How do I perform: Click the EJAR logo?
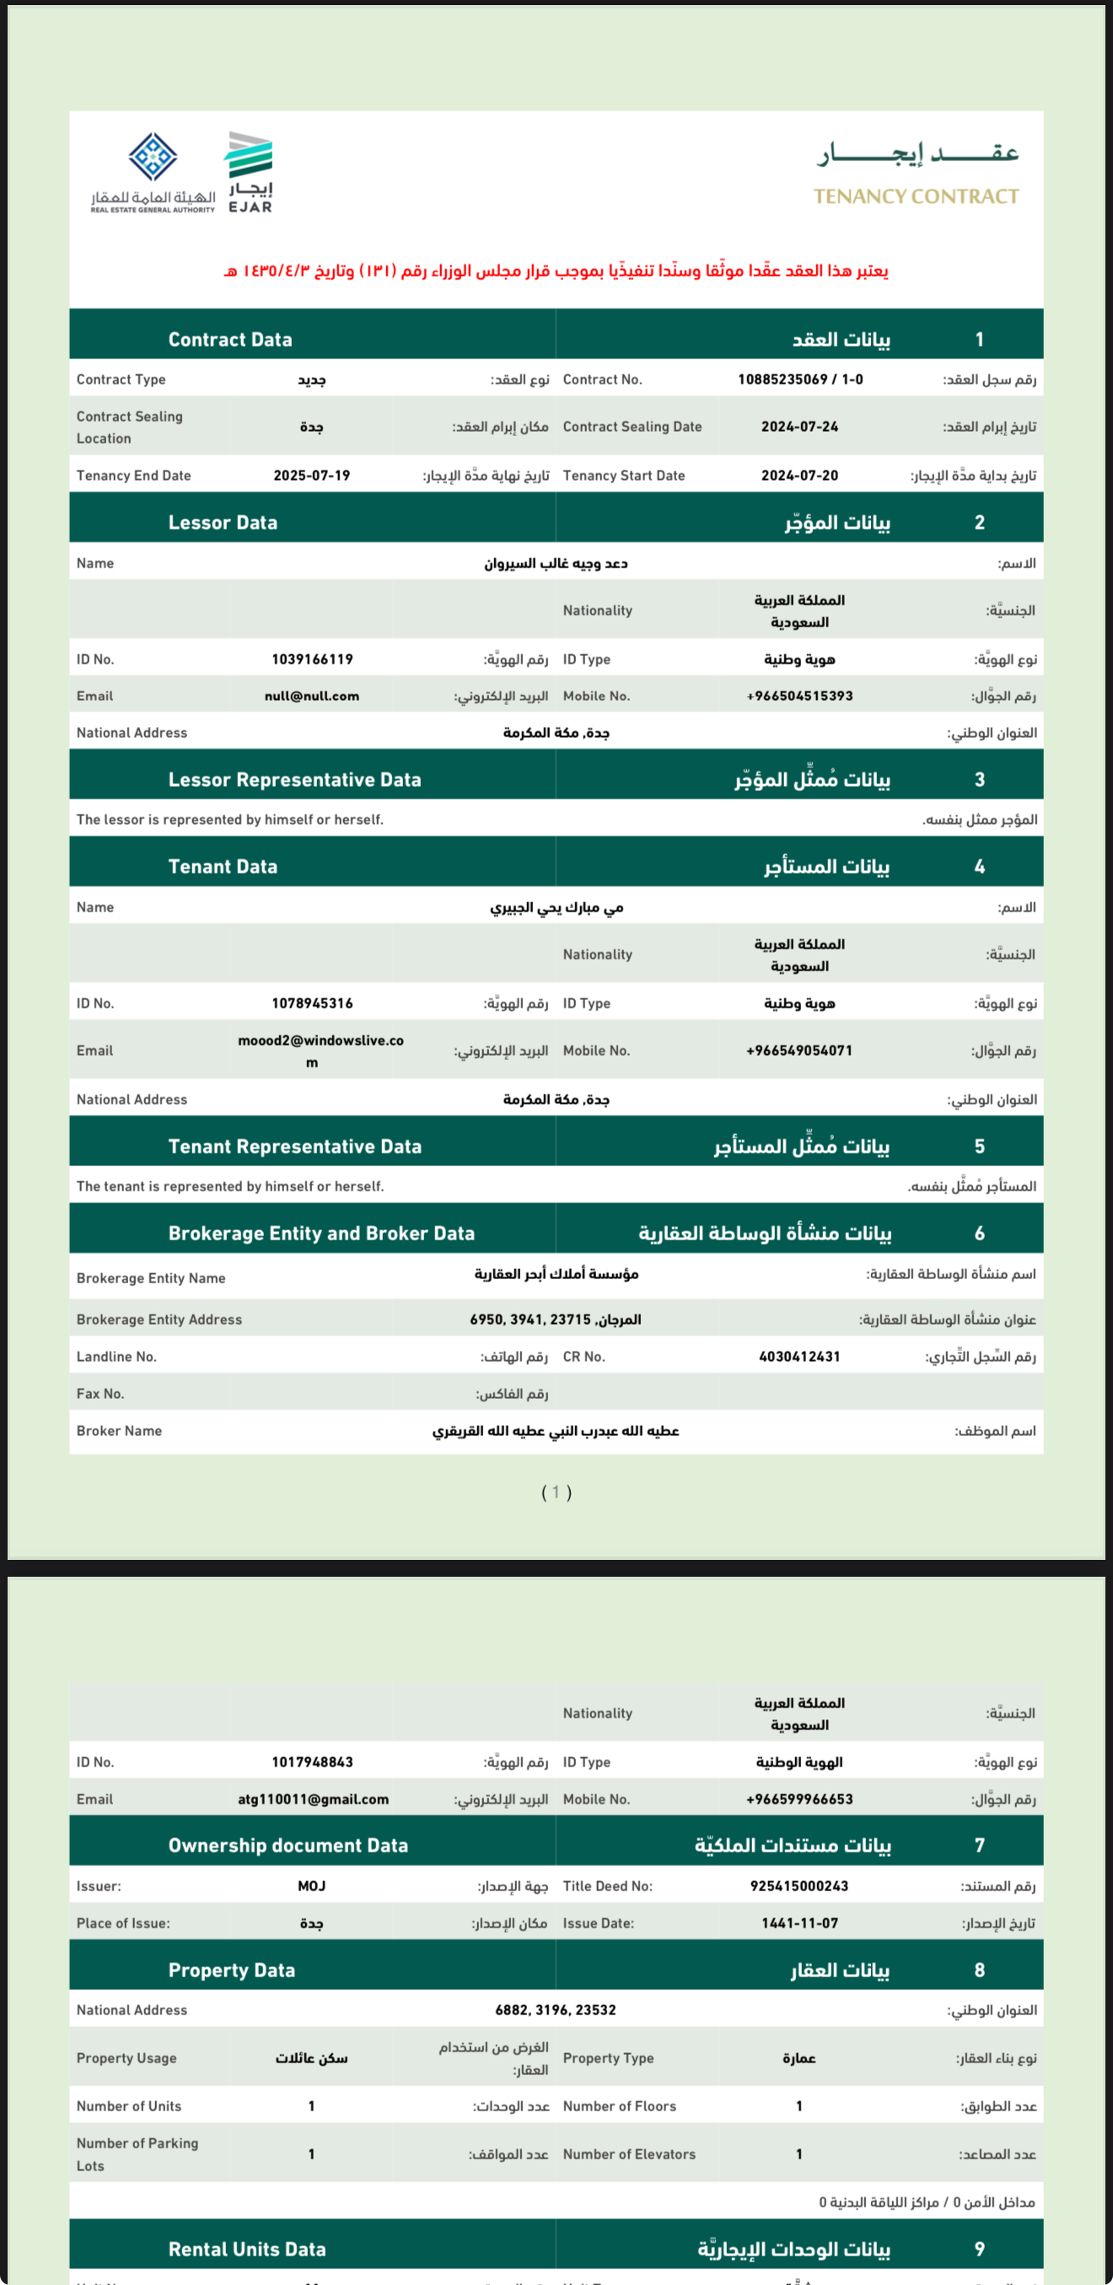click(250, 172)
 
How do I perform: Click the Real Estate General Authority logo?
click(153, 172)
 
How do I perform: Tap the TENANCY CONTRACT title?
click(917, 196)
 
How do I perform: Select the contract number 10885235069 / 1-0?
click(800, 379)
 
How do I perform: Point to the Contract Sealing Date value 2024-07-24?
click(799, 427)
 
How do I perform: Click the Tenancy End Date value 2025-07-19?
click(311, 476)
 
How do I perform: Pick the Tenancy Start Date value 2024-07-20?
click(799, 476)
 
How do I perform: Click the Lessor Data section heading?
click(223, 523)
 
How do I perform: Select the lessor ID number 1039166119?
click(312, 659)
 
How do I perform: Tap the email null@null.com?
click(311, 696)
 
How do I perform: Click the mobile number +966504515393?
click(799, 696)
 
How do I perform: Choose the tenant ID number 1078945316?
click(312, 1003)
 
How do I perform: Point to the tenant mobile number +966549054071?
click(799, 1051)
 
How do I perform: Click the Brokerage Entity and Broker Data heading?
click(321, 1233)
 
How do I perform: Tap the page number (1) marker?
click(556, 1492)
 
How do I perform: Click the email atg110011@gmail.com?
click(313, 1798)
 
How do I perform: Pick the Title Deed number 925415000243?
click(799, 1886)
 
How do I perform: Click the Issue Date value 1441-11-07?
click(799, 1923)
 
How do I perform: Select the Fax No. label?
click(100, 1394)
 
